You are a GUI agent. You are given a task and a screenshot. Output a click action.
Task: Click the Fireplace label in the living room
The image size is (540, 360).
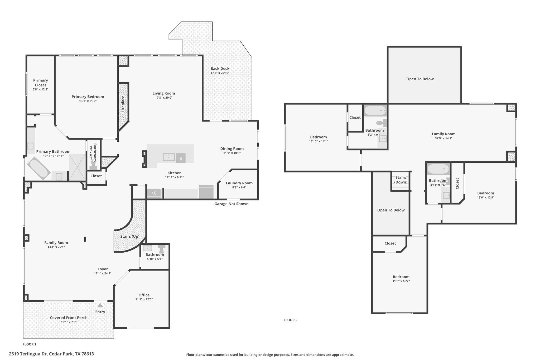[123, 104]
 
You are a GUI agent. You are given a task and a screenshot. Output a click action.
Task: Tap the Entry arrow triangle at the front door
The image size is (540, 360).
[100, 305]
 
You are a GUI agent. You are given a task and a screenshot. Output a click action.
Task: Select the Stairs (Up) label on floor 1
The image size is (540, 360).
[130, 236]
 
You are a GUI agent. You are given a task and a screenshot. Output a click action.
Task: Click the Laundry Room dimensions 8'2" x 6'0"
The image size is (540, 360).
[239, 188]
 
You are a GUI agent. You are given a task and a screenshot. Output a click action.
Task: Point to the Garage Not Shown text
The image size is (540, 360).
[231, 204]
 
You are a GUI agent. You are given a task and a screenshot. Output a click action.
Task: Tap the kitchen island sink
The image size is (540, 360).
[169, 157]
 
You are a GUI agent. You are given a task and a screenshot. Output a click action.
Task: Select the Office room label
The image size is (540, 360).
[144, 295]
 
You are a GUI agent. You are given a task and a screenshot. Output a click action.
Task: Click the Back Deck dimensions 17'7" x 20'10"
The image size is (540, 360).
[220, 73]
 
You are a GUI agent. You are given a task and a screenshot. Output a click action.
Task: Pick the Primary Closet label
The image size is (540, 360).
[41, 83]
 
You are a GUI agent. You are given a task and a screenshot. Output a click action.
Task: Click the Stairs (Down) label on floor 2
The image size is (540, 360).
[401, 180]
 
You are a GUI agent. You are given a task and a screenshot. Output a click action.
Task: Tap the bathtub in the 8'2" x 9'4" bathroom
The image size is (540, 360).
[375, 111]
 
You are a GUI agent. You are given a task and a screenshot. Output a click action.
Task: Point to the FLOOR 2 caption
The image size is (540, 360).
[290, 320]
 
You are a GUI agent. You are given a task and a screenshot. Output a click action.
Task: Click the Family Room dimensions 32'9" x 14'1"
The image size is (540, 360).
[443, 138]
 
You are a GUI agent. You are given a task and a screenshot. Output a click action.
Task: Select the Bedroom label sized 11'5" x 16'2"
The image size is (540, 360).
[401, 277]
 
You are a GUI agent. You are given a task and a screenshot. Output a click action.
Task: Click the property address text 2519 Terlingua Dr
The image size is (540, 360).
[51, 354]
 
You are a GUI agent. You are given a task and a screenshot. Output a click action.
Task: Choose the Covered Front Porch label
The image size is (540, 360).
[69, 318]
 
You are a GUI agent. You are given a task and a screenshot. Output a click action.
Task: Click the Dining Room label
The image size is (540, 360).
[232, 148]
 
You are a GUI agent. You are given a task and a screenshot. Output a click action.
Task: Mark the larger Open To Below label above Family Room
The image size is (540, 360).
[420, 79]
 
